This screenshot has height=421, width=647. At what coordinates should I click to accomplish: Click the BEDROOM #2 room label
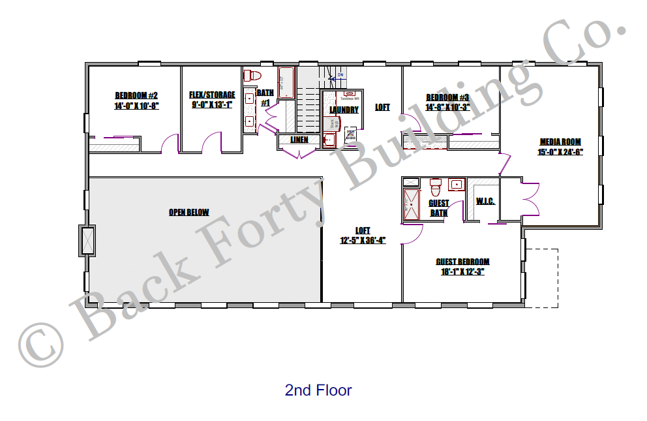(x=136, y=95)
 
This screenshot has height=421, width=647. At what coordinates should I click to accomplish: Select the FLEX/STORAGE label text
(x=212, y=95)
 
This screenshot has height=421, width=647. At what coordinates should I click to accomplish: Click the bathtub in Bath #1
(x=286, y=82)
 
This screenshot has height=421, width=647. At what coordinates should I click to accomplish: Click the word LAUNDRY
(x=344, y=110)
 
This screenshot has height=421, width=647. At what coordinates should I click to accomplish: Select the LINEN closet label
(x=299, y=140)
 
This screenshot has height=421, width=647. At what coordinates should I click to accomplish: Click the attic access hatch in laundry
(x=350, y=133)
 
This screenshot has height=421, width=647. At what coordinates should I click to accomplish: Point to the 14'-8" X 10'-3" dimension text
(x=447, y=107)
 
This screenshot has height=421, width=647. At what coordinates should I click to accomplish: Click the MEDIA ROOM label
(x=560, y=142)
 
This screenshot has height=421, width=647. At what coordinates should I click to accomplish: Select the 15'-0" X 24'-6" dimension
(x=560, y=152)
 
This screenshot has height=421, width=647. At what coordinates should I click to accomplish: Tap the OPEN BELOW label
(x=188, y=212)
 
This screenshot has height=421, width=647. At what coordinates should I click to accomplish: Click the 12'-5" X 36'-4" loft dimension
(x=363, y=240)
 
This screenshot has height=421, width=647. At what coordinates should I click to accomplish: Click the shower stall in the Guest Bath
(x=412, y=204)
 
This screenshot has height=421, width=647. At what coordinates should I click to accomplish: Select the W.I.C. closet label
(x=485, y=201)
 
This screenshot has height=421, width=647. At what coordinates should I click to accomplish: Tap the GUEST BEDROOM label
(x=462, y=262)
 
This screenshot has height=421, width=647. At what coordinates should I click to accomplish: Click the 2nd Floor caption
(x=318, y=391)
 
